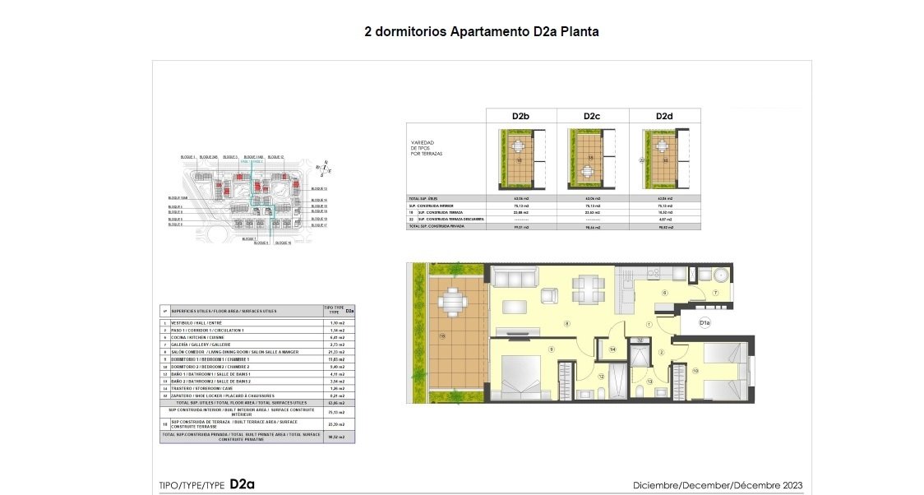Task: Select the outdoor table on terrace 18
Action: pyautogui.click(x=451, y=302)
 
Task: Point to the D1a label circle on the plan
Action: pyautogui.click(x=705, y=323)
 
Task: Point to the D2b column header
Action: pyautogui.click(x=520, y=117)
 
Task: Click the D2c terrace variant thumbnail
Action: pyautogui.click(x=592, y=159)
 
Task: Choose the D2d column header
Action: pyautogui.click(x=664, y=117)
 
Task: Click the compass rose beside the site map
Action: pyautogui.click(x=325, y=168)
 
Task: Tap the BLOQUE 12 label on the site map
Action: pyautogui.click(x=275, y=157)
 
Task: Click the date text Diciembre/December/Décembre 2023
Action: pyautogui.click(x=717, y=484)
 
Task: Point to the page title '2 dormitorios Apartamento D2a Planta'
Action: pyautogui.click(x=483, y=32)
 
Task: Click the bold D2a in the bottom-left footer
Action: pyautogui.click(x=243, y=483)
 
